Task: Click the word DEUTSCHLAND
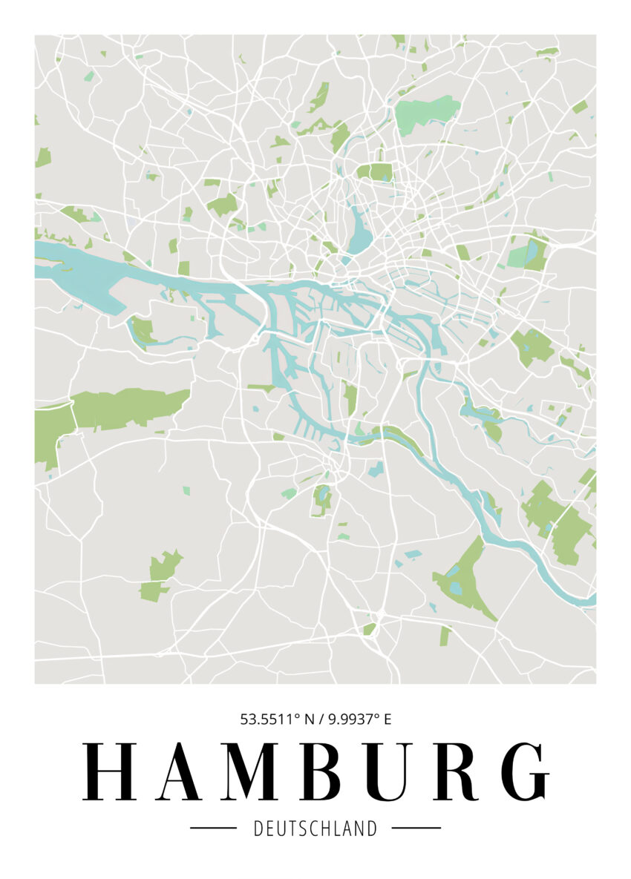click(315, 828)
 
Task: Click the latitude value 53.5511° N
click(277, 719)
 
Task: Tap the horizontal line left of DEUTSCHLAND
click(213, 828)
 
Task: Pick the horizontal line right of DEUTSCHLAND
click(416, 828)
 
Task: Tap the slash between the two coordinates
click(321, 719)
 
